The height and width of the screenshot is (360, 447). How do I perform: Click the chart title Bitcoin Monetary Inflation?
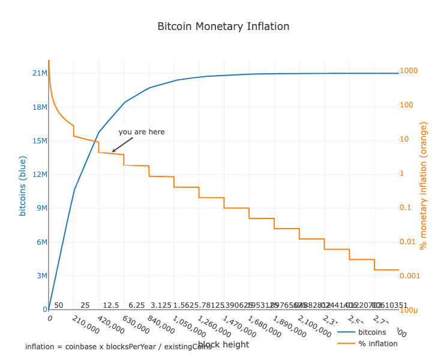[x=223, y=26]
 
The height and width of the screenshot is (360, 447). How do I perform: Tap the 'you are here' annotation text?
[x=142, y=132]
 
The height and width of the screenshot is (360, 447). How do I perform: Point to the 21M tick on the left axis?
[x=40, y=73]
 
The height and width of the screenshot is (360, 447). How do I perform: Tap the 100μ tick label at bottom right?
[x=411, y=310]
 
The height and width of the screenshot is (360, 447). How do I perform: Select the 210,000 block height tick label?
[x=86, y=325]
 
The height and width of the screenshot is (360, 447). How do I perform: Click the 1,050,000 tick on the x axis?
[x=185, y=326]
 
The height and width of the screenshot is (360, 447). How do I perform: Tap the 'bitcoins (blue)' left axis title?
[x=23, y=186]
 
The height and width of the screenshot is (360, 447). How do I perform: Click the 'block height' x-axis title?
[x=223, y=344]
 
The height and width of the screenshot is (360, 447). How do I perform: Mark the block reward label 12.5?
[x=111, y=305]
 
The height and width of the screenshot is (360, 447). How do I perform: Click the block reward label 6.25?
[x=137, y=305]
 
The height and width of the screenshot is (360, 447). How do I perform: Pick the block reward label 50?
[x=59, y=305]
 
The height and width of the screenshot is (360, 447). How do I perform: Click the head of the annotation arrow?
[x=113, y=152]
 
